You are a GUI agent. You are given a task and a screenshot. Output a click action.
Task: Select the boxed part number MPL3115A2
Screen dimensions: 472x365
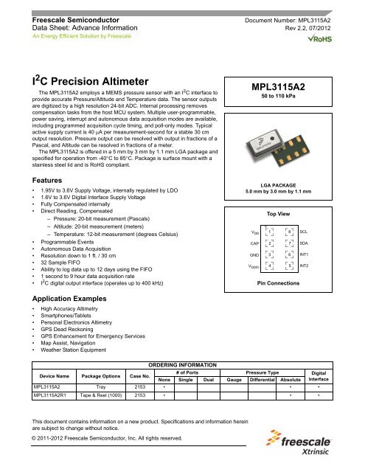point(282,86)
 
